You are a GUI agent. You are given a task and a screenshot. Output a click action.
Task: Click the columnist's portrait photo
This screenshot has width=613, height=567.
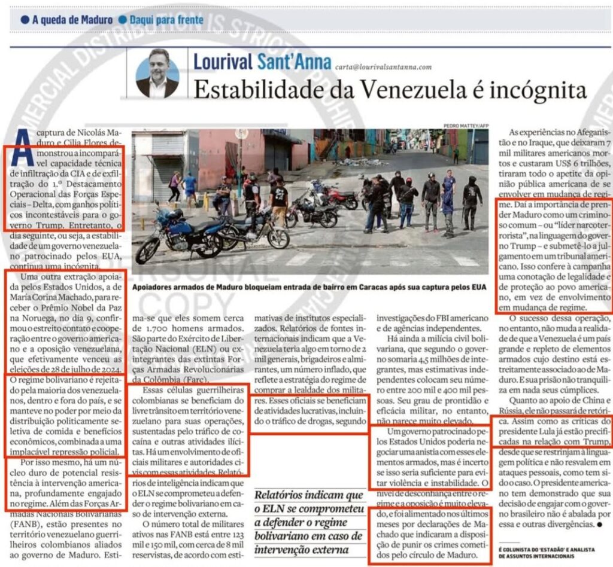(x=157, y=74)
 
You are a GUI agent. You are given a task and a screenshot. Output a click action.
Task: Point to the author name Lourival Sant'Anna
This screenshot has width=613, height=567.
(x=261, y=61)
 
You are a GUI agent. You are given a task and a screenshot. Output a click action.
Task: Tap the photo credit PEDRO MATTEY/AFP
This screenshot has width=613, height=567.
(x=466, y=125)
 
